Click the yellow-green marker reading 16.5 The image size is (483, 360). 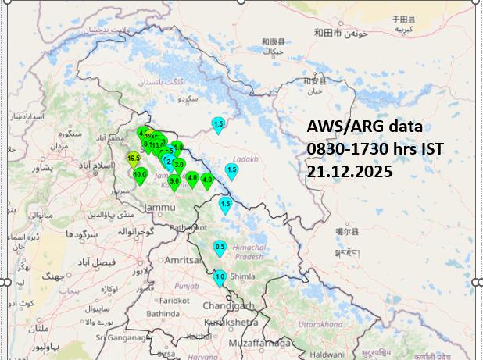coord(134,159)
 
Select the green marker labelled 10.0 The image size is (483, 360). coord(140,175)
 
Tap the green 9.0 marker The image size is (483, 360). coord(175,181)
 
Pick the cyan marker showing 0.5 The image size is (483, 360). coord(220,248)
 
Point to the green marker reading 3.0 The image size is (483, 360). coord(179,165)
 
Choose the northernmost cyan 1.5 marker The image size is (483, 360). coord(218,124)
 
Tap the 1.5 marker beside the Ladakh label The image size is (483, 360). coord(231,169)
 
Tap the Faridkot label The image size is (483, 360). coord(175,300)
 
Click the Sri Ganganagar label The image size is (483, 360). coord(122,337)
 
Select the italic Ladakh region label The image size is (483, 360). coord(244,159)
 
